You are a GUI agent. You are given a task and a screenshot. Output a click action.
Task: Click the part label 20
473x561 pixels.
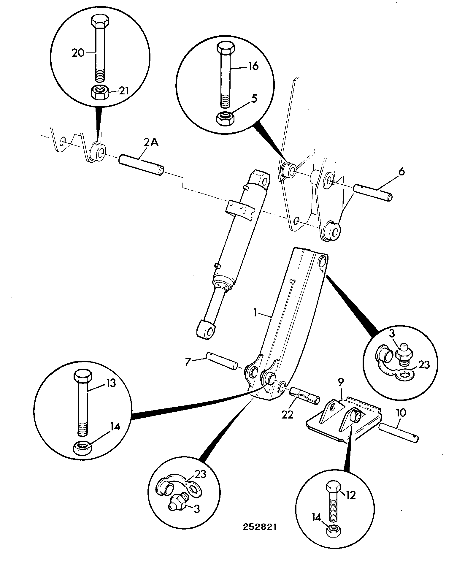pyautogui.click(x=78, y=53)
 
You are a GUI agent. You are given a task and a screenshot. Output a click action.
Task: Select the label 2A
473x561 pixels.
pyautogui.click(x=152, y=143)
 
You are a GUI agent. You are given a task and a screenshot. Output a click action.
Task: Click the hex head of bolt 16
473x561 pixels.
pyautogui.click(x=226, y=48)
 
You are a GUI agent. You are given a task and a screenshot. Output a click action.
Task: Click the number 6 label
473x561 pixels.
pyautogui.click(x=401, y=172)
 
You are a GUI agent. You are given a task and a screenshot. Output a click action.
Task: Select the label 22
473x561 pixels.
pyautogui.click(x=287, y=414)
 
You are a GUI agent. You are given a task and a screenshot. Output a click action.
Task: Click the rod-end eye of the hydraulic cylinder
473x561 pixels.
pyautogui.click(x=207, y=329)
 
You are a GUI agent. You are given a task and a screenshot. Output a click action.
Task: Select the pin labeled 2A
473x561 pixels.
pyautogui.click(x=142, y=164)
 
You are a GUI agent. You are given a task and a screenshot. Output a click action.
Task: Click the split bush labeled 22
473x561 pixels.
pyautogui.click(x=304, y=394)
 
